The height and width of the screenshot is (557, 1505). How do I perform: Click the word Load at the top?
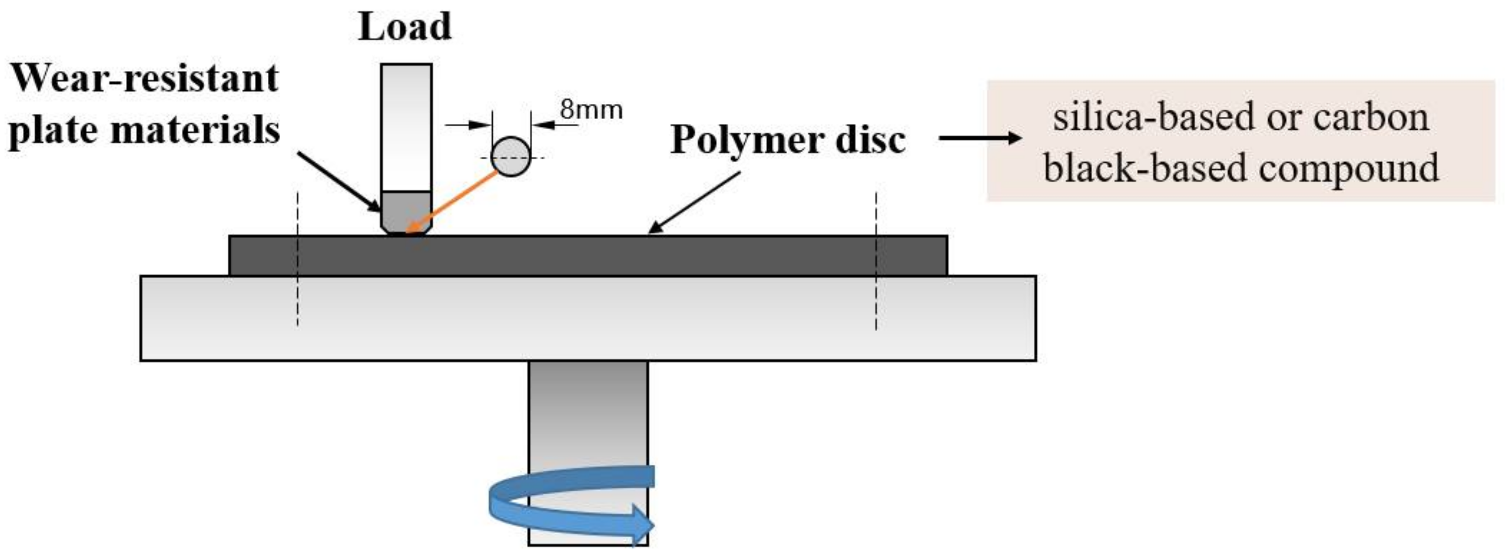point(405,27)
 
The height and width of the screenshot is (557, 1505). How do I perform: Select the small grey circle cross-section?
point(511,156)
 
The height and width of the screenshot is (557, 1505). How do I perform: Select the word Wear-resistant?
point(145,78)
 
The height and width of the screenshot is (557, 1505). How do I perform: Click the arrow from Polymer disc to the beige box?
point(980,138)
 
